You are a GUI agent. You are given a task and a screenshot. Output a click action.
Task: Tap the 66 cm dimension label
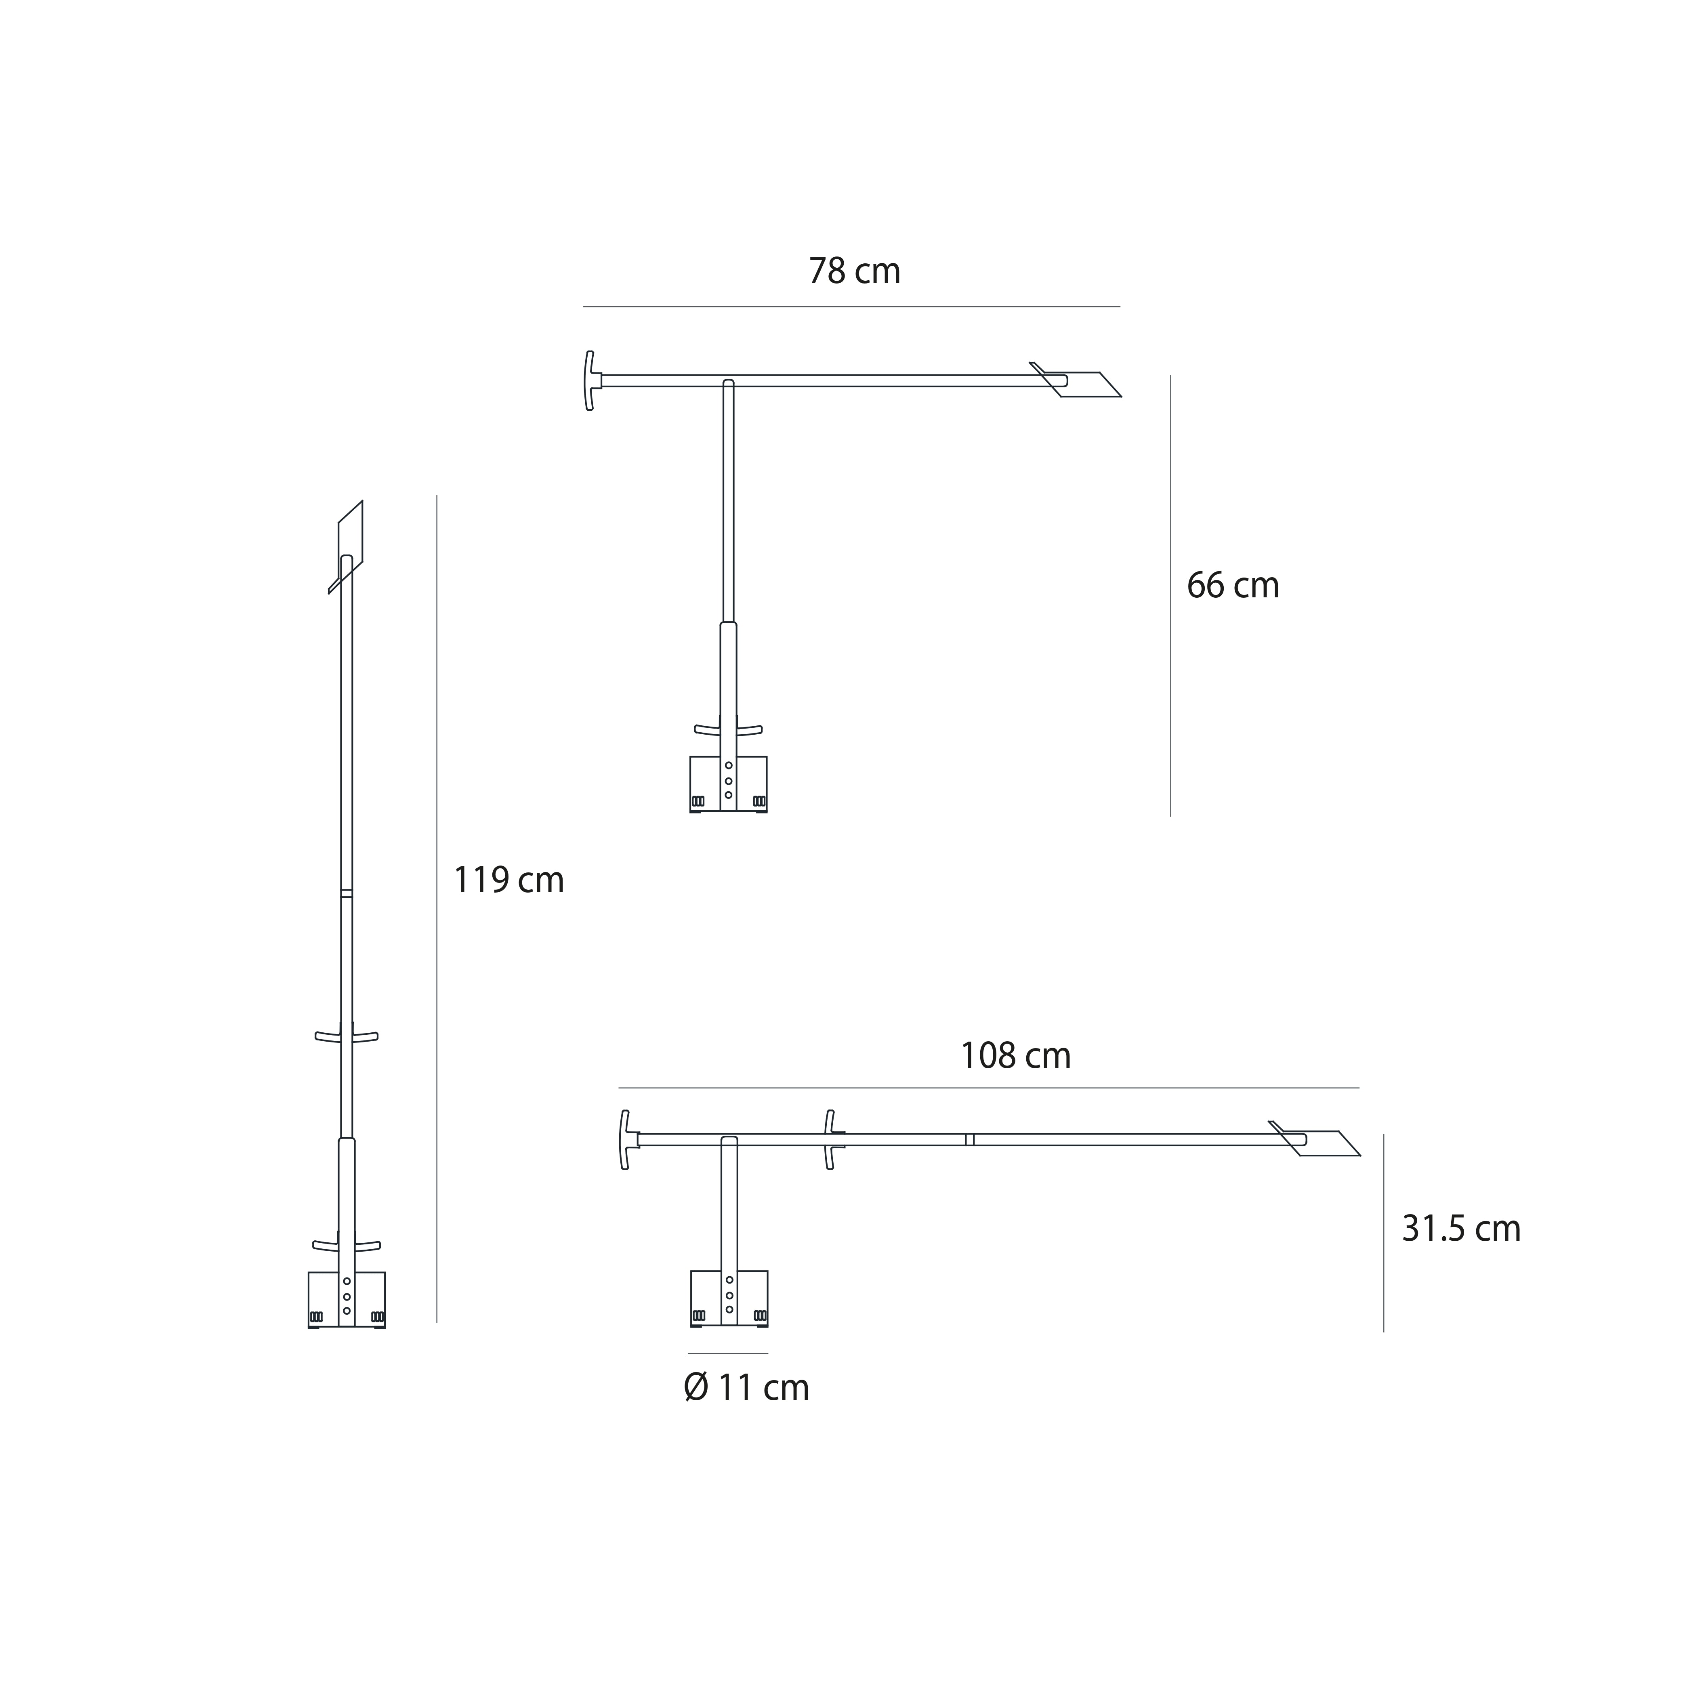pos(1233,585)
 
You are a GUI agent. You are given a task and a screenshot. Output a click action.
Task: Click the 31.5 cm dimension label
pos(1461,1228)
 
